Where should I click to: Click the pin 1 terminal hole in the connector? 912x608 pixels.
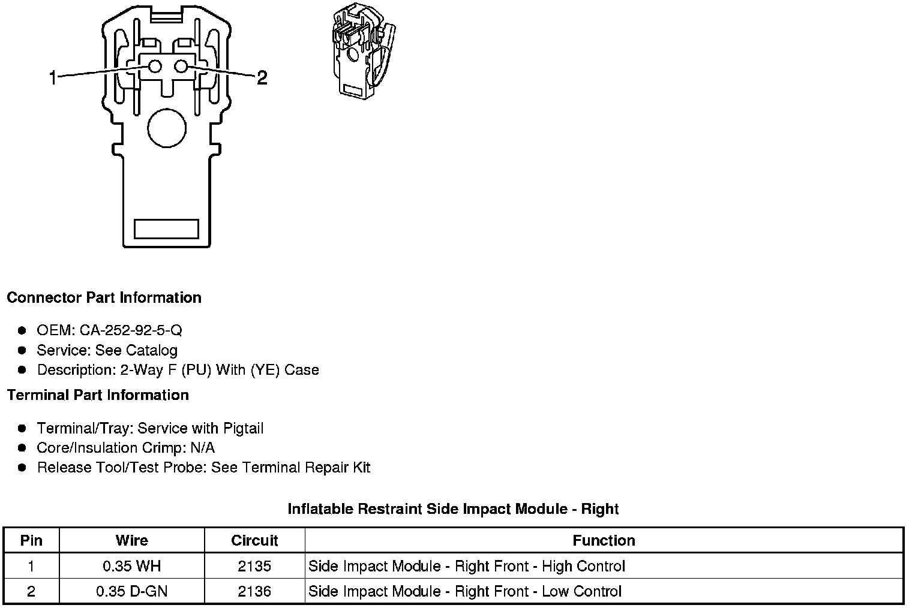pyautogui.click(x=155, y=67)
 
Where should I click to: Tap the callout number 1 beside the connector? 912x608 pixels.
pyautogui.click(x=53, y=77)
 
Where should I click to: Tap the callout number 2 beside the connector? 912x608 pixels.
pyautogui.click(x=262, y=77)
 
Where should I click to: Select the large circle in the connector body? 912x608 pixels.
pyautogui.click(x=167, y=128)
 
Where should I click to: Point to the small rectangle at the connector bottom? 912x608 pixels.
pyautogui.click(x=166, y=228)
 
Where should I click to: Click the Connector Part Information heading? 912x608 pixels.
pyautogui.click(x=104, y=298)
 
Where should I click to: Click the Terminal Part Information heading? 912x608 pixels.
pyautogui.click(x=98, y=395)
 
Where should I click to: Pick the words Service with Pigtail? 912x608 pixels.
pyautogui.click(x=200, y=428)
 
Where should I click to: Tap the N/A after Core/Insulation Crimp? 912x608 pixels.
pyautogui.click(x=202, y=448)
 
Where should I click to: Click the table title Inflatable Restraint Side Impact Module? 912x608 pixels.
pyautogui.click(x=453, y=509)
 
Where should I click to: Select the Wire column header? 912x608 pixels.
pyautogui.click(x=131, y=540)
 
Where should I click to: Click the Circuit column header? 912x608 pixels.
pyautogui.click(x=254, y=540)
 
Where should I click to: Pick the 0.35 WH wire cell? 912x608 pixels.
pyautogui.click(x=131, y=566)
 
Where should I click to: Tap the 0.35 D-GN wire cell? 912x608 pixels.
pyautogui.click(x=131, y=591)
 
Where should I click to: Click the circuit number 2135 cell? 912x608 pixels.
pyautogui.click(x=254, y=566)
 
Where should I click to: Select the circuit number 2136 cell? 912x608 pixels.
pyautogui.click(x=254, y=591)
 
